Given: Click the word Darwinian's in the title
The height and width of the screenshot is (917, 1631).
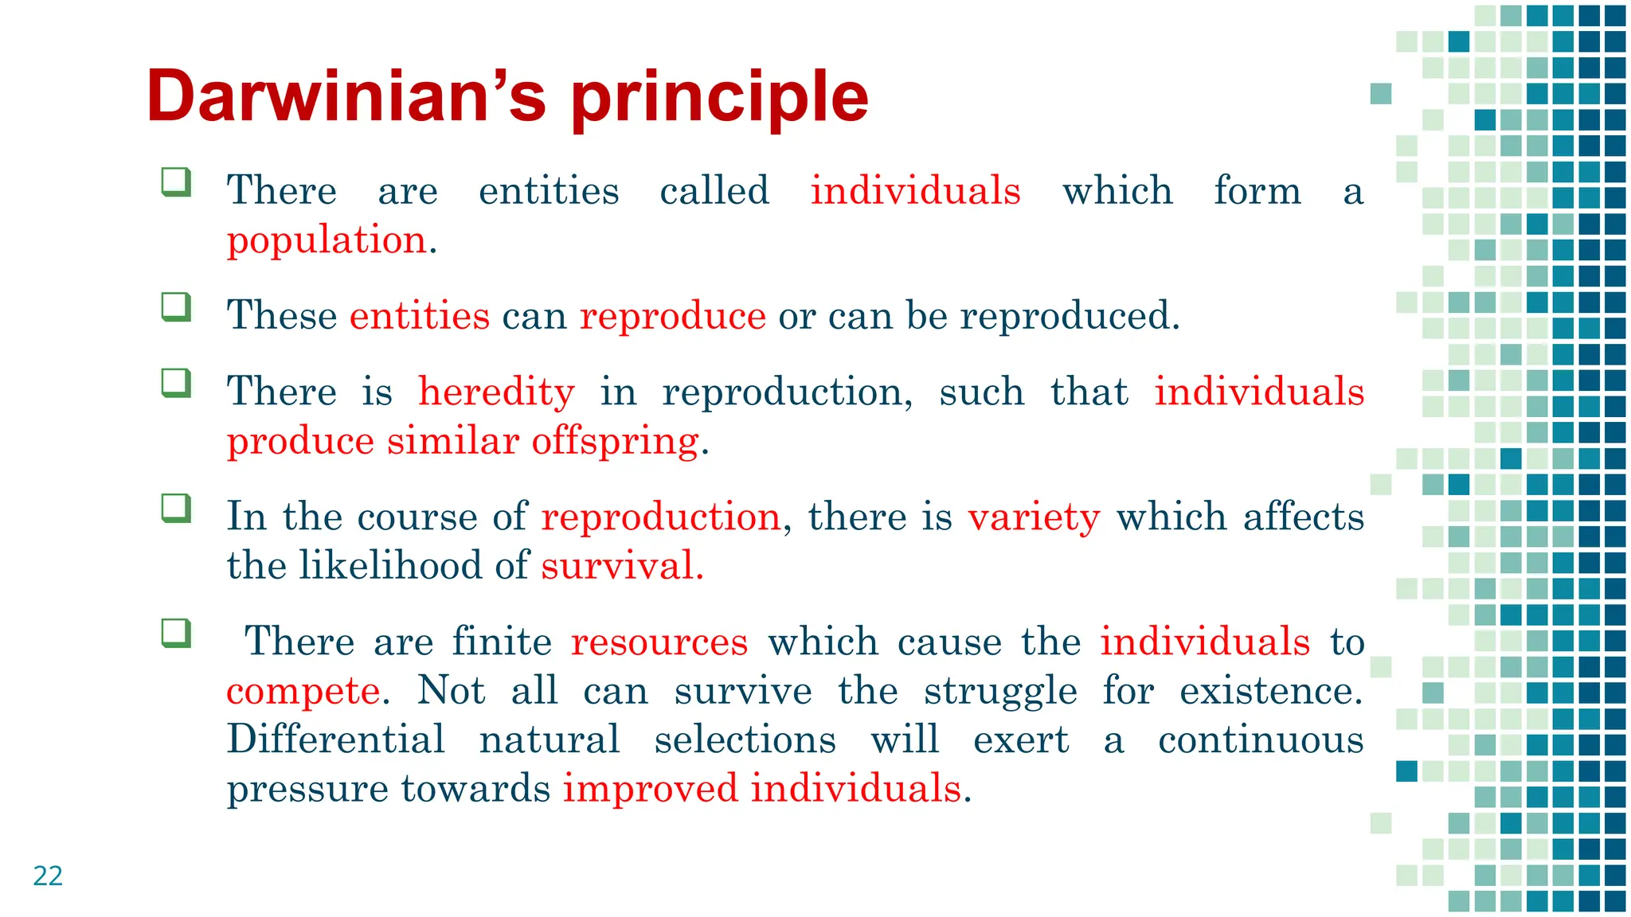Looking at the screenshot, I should [x=346, y=97].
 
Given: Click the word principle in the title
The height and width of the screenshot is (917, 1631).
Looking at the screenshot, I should [x=719, y=97].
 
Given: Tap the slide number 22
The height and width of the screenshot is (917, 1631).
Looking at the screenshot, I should [x=48, y=876].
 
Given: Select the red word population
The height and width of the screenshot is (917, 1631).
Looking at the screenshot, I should [x=327, y=240].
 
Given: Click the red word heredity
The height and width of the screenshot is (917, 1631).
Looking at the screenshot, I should [x=496, y=392].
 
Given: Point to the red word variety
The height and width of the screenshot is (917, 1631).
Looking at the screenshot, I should [x=1034, y=517].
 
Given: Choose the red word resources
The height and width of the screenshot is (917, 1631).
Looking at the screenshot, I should [x=659, y=642].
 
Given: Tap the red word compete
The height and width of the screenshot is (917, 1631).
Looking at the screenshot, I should [x=303, y=691].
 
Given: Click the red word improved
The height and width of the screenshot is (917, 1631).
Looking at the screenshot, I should [x=650, y=789].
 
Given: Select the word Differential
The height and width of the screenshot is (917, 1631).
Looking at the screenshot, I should [x=335, y=739].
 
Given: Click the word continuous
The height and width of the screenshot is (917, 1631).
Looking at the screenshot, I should [x=1260, y=739].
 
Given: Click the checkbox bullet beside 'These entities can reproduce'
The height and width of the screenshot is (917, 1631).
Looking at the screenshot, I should [x=176, y=307].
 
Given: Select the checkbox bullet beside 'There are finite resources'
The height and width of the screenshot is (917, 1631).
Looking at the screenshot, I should [x=176, y=634].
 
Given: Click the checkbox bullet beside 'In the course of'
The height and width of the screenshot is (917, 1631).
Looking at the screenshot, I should [x=176, y=508].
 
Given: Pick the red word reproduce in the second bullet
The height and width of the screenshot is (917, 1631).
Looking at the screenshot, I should [x=672, y=316].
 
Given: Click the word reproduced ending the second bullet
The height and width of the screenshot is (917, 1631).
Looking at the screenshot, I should [x=1067, y=316].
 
